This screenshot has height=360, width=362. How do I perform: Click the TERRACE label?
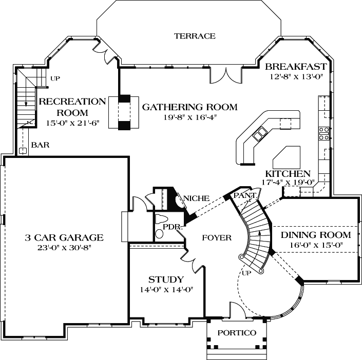click(194, 36)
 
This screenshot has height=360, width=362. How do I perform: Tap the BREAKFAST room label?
click(295, 67)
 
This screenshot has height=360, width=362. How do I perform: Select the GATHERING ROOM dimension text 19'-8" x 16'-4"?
click(189, 117)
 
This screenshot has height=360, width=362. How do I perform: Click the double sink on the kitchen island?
click(260, 135)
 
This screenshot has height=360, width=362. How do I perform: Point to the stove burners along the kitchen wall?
click(325, 133)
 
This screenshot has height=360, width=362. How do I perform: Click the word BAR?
click(40, 145)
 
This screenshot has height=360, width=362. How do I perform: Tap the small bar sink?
click(23, 151)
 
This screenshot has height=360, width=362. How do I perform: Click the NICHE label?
click(195, 198)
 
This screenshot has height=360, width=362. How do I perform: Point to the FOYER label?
click(216, 237)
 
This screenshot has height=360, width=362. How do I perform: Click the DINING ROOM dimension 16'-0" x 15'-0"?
click(316, 245)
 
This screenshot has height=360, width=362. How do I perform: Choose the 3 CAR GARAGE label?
click(65, 237)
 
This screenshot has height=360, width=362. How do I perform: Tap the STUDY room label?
click(166, 279)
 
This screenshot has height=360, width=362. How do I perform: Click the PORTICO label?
click(236, 333)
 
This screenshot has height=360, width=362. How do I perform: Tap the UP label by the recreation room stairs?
click(55, 78)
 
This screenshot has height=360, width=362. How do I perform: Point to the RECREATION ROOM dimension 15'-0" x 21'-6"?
click(65, 123)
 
